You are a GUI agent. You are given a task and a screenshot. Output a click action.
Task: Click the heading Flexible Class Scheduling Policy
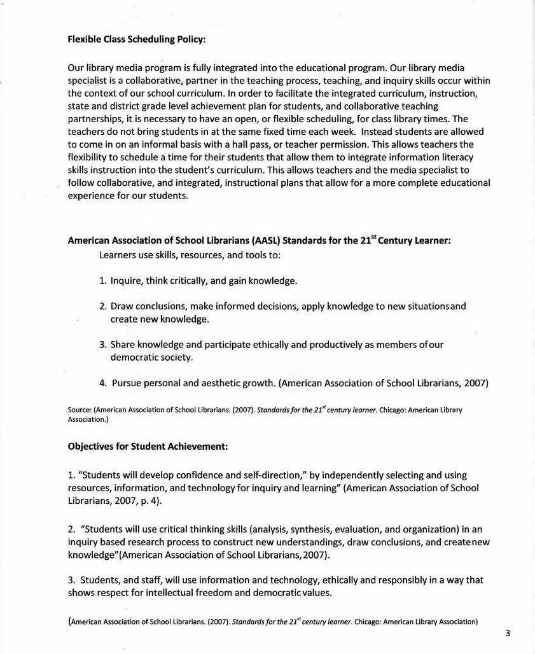[x=137, y=38]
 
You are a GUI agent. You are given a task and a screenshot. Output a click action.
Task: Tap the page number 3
[x=508, y=633]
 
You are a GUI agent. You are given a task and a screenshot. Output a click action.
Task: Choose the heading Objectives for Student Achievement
[x=148, y=447]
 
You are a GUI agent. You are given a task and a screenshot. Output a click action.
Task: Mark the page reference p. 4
[x=150, y=501]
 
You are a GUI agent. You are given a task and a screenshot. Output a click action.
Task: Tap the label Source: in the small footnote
[x=80, y=410]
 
